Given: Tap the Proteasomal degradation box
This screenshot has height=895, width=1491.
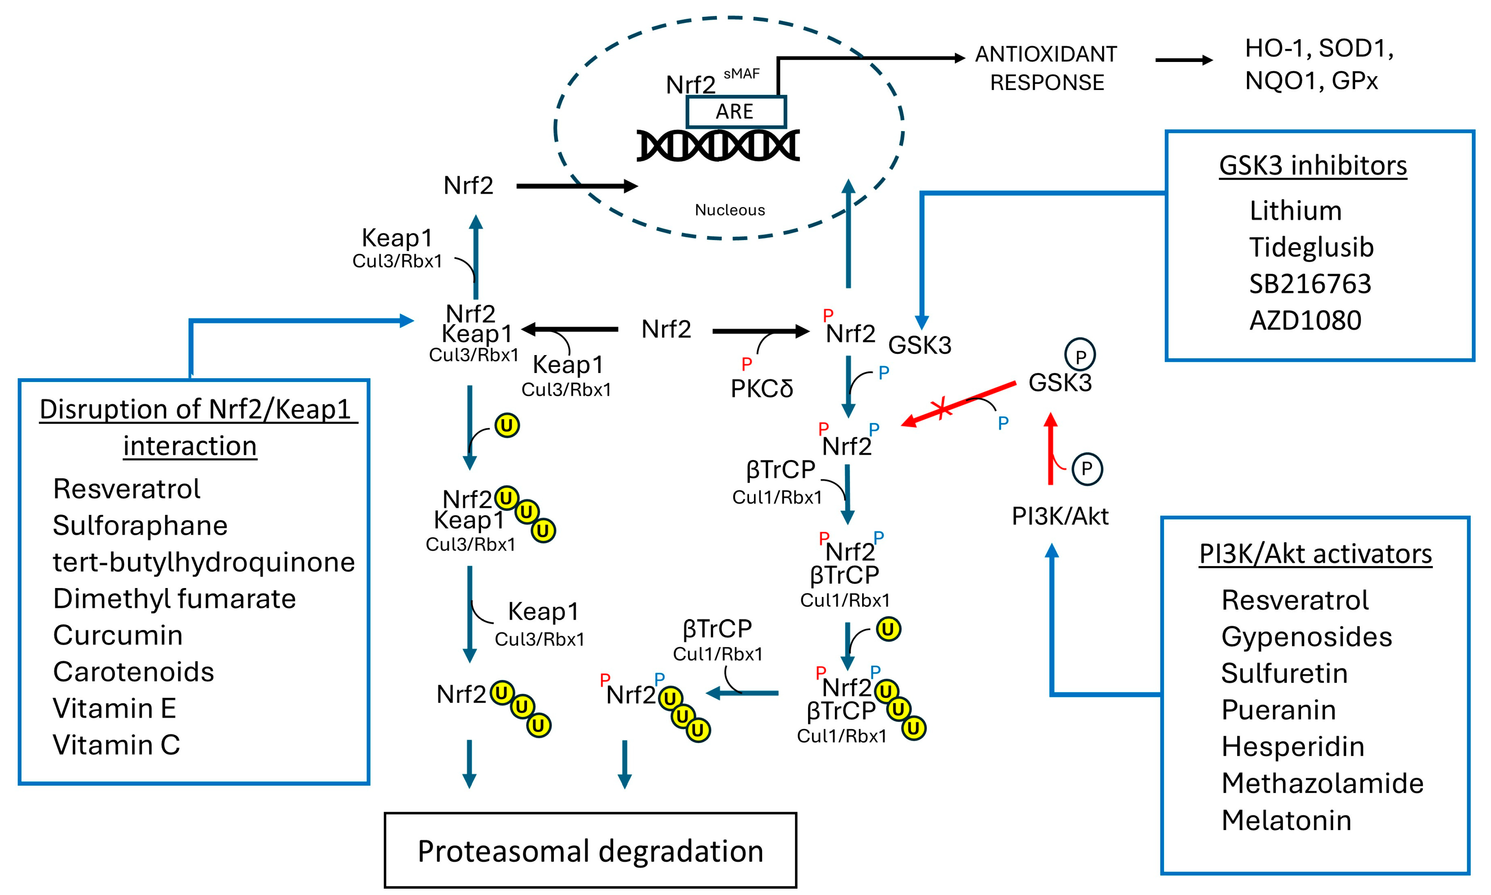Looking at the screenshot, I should click(x=590, y=850).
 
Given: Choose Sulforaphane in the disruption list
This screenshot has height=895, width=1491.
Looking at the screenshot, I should click(x=140, y=525).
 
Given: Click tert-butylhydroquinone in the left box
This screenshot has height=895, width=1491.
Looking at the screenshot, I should click(x=204, y=562).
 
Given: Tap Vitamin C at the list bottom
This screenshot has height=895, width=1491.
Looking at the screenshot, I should click(x=116, y=745).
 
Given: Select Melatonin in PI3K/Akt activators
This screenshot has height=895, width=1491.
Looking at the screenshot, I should click(x=1286, y=820).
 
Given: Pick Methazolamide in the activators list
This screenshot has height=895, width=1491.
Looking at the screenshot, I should click(x=1322, y=783).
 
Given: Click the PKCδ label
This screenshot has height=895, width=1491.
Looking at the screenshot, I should click(x=762, y=389).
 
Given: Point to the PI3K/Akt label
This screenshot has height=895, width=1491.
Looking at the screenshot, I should click(x=1060, y=516).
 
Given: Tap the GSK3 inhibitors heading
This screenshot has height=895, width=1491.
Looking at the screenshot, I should click(x=1313, y=165).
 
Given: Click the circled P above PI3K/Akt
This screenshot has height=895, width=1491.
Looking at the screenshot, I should click(x=1086, y=469).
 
